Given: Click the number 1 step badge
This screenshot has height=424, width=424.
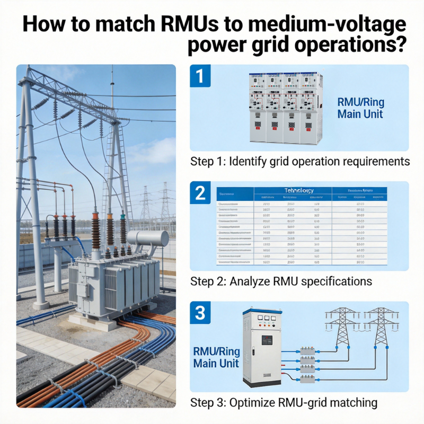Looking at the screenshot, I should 200,76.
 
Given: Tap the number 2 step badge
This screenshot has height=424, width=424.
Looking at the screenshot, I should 200,193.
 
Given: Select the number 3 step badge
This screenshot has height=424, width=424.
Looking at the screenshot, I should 200,313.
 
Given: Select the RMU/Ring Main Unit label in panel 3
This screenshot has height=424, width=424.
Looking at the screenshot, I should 216,358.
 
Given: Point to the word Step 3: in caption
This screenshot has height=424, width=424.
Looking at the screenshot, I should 208,403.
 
